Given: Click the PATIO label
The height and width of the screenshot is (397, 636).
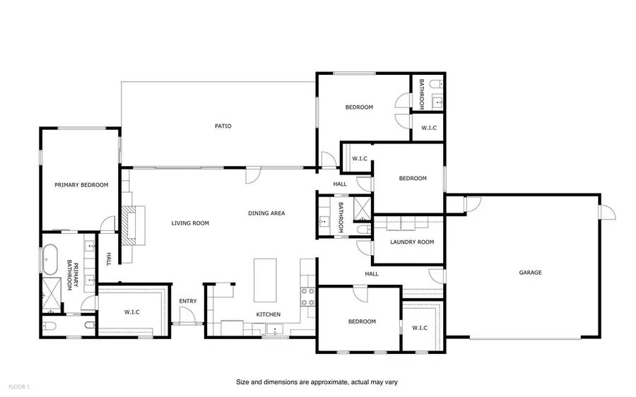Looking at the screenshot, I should click(x=223, y=126).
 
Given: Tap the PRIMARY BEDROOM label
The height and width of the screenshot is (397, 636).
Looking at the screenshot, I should click(x=81, y=185).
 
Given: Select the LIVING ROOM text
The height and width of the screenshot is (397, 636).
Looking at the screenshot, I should click(x=190, y=223).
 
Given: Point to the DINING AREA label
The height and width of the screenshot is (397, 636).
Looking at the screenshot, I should click(x=266, y=213).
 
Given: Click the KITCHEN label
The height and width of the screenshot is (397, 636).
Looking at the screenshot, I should click(x=268, y=314).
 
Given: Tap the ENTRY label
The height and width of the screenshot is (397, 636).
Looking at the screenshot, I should click(x=187, y=302).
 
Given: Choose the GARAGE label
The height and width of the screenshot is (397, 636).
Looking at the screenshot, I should click(x=530, y=272).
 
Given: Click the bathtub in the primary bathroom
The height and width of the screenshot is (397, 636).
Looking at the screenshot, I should click(x=50, y=259).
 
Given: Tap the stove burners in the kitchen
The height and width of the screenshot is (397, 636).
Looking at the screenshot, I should click(x=308, y=297).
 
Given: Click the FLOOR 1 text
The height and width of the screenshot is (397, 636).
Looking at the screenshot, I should click(x=18, y=386).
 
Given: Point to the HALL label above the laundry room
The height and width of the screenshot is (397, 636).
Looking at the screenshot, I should click(x=340, y=184).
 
